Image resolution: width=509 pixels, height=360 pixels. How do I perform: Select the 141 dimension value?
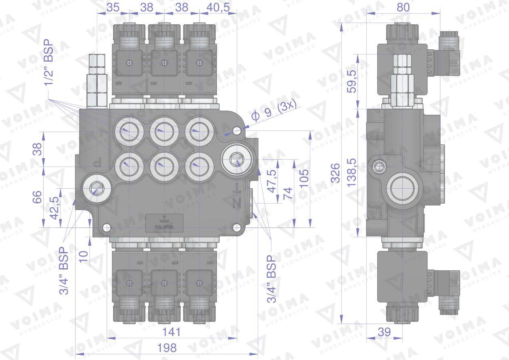(x=171, y=332)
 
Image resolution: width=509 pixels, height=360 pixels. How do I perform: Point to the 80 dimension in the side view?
(x=402, y=7)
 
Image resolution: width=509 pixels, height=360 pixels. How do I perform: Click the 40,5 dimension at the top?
(x=218, y=7)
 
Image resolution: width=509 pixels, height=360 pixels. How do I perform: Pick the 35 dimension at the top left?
(x=113, y=7)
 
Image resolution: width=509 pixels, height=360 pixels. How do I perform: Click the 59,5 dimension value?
(x=351, y=81)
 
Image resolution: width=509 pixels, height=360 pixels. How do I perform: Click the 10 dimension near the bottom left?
(x=83, y=256)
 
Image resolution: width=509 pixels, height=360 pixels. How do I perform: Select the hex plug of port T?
(x=236, y=159)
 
